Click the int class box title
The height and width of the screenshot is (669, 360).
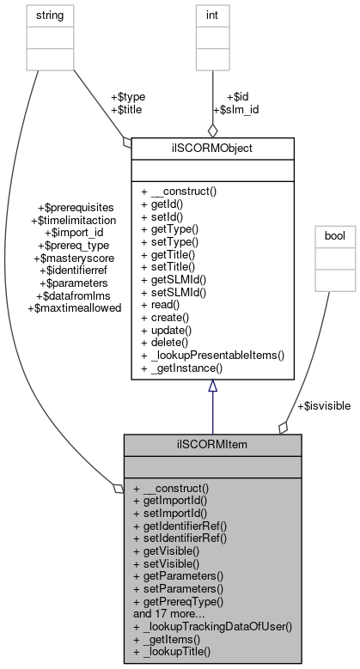click(x=212, y=15)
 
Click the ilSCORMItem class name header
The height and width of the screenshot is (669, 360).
click(x=212, y=444)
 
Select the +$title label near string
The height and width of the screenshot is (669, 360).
click(x=126, y=110)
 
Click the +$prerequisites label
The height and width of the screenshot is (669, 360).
click(x=76, y=207)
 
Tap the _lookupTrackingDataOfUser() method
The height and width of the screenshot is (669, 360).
click(x=213, y=627)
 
